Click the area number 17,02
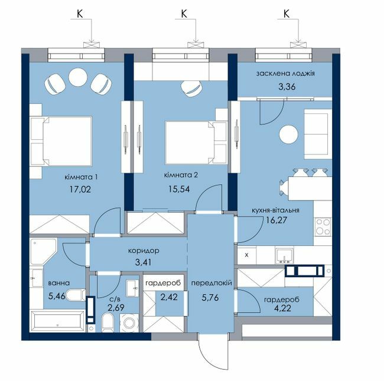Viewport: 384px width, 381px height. (80, 189)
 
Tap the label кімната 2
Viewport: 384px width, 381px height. (181, 175)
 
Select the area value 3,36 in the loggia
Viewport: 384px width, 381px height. (287, 87)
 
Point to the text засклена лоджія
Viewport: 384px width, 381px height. (285, 73)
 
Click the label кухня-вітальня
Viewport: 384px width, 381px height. (275, 211)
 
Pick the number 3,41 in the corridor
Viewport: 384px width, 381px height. (144, 262)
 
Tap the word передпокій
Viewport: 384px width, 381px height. (211, 284)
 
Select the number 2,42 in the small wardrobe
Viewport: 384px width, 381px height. (169, 298)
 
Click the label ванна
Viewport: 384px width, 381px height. (59, 283)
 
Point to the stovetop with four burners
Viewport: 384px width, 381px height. (323, 226)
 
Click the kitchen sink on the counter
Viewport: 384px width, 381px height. (284, 256)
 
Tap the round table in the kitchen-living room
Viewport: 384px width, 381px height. (289, 134)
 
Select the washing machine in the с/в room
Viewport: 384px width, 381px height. (129, 323)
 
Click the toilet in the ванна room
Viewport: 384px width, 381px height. (76, 295)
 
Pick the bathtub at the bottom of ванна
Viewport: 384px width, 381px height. (57, 321)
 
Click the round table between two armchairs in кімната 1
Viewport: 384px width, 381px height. (78, 77)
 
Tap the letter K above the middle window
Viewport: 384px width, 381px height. (184, 14)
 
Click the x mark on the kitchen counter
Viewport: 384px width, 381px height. (246, 255)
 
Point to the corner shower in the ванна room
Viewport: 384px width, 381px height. (43, 251)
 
